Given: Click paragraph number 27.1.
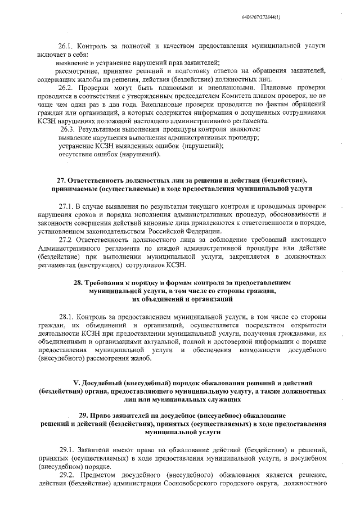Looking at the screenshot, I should (66, 206).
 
